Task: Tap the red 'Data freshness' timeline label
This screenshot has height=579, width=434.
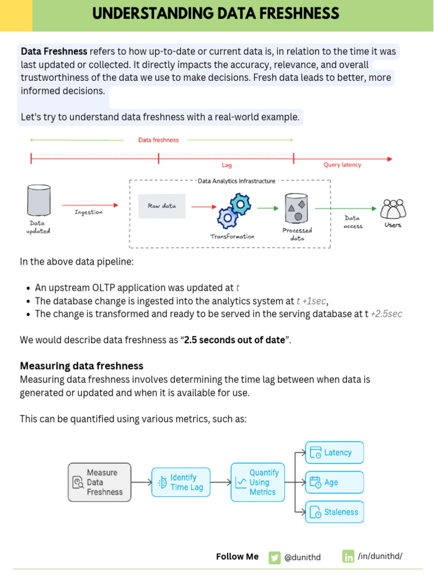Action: [158, 140]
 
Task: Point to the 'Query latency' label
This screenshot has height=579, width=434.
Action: [342, 165]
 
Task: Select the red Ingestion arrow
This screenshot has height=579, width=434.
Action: [90, 205]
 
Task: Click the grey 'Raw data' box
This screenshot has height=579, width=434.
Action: [162, 206]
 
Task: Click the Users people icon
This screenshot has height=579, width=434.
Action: [393, 209]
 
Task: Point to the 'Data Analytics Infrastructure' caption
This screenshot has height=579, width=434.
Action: [236, 181]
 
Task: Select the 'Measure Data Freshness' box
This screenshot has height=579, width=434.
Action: [99, 482]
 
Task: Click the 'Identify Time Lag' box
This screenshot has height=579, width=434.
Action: [181, 482]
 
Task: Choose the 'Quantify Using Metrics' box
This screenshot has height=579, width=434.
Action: [258, 482]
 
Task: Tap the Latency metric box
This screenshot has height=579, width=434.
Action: [335, 453]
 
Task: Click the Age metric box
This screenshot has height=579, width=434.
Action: [335, 482]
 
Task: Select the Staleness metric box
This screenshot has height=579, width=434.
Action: [335, 512]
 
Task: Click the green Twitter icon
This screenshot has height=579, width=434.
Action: [275, 557]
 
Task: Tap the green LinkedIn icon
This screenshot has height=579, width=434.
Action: [348, 556]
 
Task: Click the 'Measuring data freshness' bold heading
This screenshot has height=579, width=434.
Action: [81, 366]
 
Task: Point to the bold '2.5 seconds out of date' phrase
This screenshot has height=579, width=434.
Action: [235, 340]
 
